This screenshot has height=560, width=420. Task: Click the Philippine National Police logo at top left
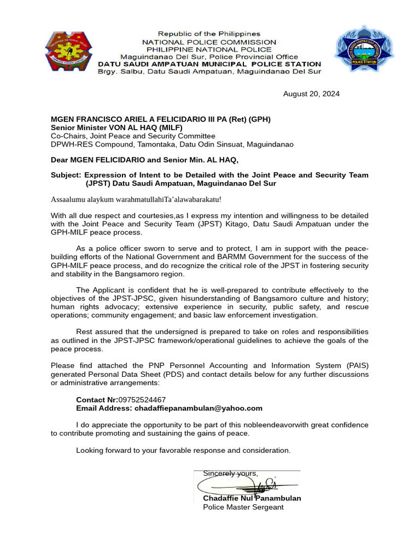[x=68, y=52]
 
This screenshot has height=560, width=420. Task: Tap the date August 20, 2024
[x=311, y=94]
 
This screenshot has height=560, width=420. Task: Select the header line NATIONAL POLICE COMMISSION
[x=209, y=42]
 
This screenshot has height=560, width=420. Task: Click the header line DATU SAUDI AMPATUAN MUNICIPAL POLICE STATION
[x=209, y=64]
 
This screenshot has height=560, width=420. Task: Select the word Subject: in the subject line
[x=66, y=175]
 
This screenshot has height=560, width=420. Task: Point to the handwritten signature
[x=246, y=485]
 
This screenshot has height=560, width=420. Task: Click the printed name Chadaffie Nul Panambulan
[x=252, y=498]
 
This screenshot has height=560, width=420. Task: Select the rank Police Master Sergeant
[x=243, y=507]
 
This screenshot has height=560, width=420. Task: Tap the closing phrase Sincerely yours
[x=230, y=473]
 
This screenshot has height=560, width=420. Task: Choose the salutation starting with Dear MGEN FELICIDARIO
[x=144, y=160]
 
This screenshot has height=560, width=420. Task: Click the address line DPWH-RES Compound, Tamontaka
[x=172, y=144]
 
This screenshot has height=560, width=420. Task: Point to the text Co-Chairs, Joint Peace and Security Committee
[x=133, y=136]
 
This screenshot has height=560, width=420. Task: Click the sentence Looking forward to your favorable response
[x=183, y=450]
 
